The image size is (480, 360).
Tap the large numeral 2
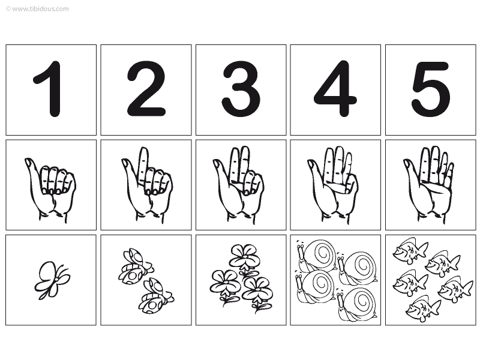(146, 89)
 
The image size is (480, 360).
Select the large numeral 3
(241, 89)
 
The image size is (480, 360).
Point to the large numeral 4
(335, 89)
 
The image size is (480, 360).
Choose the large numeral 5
(431, 89)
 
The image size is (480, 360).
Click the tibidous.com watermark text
(37, 8)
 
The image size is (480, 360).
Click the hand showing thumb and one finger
(146, 185)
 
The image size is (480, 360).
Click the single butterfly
(52, 280)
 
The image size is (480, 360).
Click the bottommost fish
(422, 308)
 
